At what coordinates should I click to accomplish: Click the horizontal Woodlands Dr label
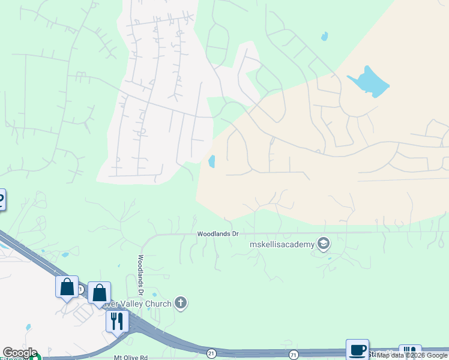click(x=218, y=233)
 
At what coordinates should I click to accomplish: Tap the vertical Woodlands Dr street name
click(x=140, y=275)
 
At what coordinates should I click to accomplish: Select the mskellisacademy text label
click(x=282, y=244)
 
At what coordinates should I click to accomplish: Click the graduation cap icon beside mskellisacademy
click(x=324, y=243)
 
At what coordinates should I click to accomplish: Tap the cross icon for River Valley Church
click(x=181, y=303)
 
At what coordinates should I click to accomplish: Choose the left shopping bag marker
click(x=67, y=286)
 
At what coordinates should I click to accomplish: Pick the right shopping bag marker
click(x=99, y=293)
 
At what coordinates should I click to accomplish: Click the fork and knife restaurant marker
click(x=117, y=320)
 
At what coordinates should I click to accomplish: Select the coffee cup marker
click(x=357, y=349)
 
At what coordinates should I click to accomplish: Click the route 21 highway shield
click(x=211, y=353)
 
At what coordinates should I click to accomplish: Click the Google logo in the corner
click(x=19, y=353)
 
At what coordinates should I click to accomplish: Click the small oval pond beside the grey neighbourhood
click(x=212, y=161)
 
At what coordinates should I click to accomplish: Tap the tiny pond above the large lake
click(x=325, y=36)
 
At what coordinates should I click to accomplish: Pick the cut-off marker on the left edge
click(x=2, y=199)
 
